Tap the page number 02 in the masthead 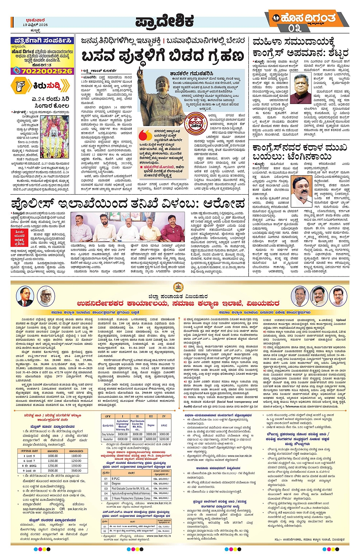click(294, 28)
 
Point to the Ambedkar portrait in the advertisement click(23, 297)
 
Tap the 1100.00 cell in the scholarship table click(76, 456)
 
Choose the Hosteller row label click(108, 439)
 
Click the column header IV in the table click(164, 416)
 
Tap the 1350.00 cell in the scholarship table click(76, 465)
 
